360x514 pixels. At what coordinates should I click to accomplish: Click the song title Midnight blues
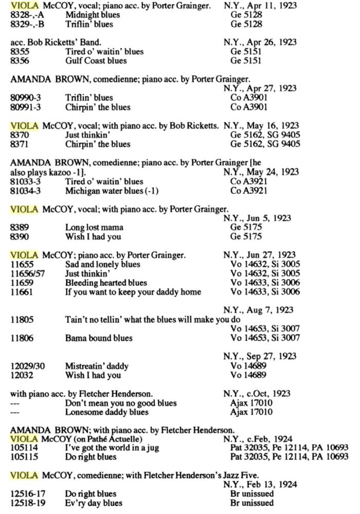tap(93, 15)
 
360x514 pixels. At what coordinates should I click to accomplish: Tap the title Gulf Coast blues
tap(98, 61)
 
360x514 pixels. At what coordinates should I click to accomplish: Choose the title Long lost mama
tap(94, 228)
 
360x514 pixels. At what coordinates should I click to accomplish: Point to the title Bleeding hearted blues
tap(106, 283)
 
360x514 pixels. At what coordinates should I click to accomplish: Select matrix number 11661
tap(22, 292)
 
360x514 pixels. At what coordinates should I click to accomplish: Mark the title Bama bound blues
tap(99, 338)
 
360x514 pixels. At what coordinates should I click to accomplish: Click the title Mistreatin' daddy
tap(97, 366)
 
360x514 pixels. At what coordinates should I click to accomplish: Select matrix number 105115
tap(25, 457)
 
